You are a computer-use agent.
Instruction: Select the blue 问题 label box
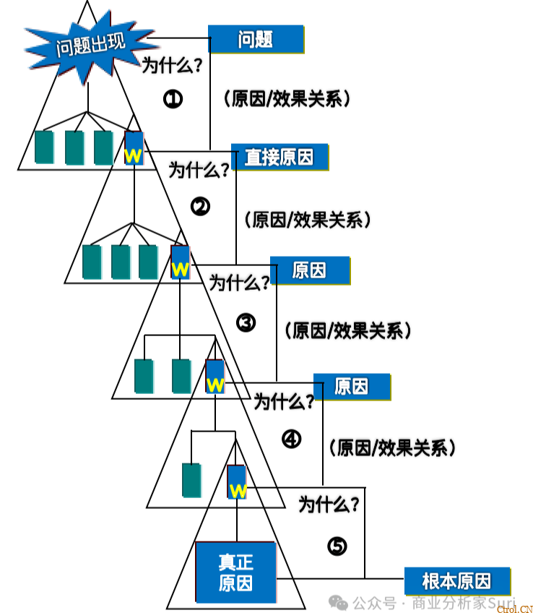[256, 39]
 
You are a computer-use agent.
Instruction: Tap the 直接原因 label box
[279, 157]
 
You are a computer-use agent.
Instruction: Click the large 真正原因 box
[235, 572]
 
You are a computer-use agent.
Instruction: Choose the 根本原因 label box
[456, 581]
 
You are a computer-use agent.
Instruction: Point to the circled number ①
[173, 99]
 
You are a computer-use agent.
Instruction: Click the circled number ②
[200, 207]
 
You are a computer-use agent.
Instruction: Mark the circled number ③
[246, 323]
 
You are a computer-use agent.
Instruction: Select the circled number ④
[291, 439]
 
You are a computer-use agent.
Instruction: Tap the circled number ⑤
[337, 546]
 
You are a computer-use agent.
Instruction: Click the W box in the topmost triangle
[134, 148]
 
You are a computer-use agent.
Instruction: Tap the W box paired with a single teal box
[237, 482]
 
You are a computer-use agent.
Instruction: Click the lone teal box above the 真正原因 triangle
[191, 480]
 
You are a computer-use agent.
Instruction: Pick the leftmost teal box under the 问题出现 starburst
[44, 147]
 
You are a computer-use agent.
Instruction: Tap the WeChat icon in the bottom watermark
[337, 602]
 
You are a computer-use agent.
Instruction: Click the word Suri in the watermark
[503, 602]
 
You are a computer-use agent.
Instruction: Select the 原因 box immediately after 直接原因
[309, 270]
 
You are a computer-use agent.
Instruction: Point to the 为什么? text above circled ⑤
[329, 504]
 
